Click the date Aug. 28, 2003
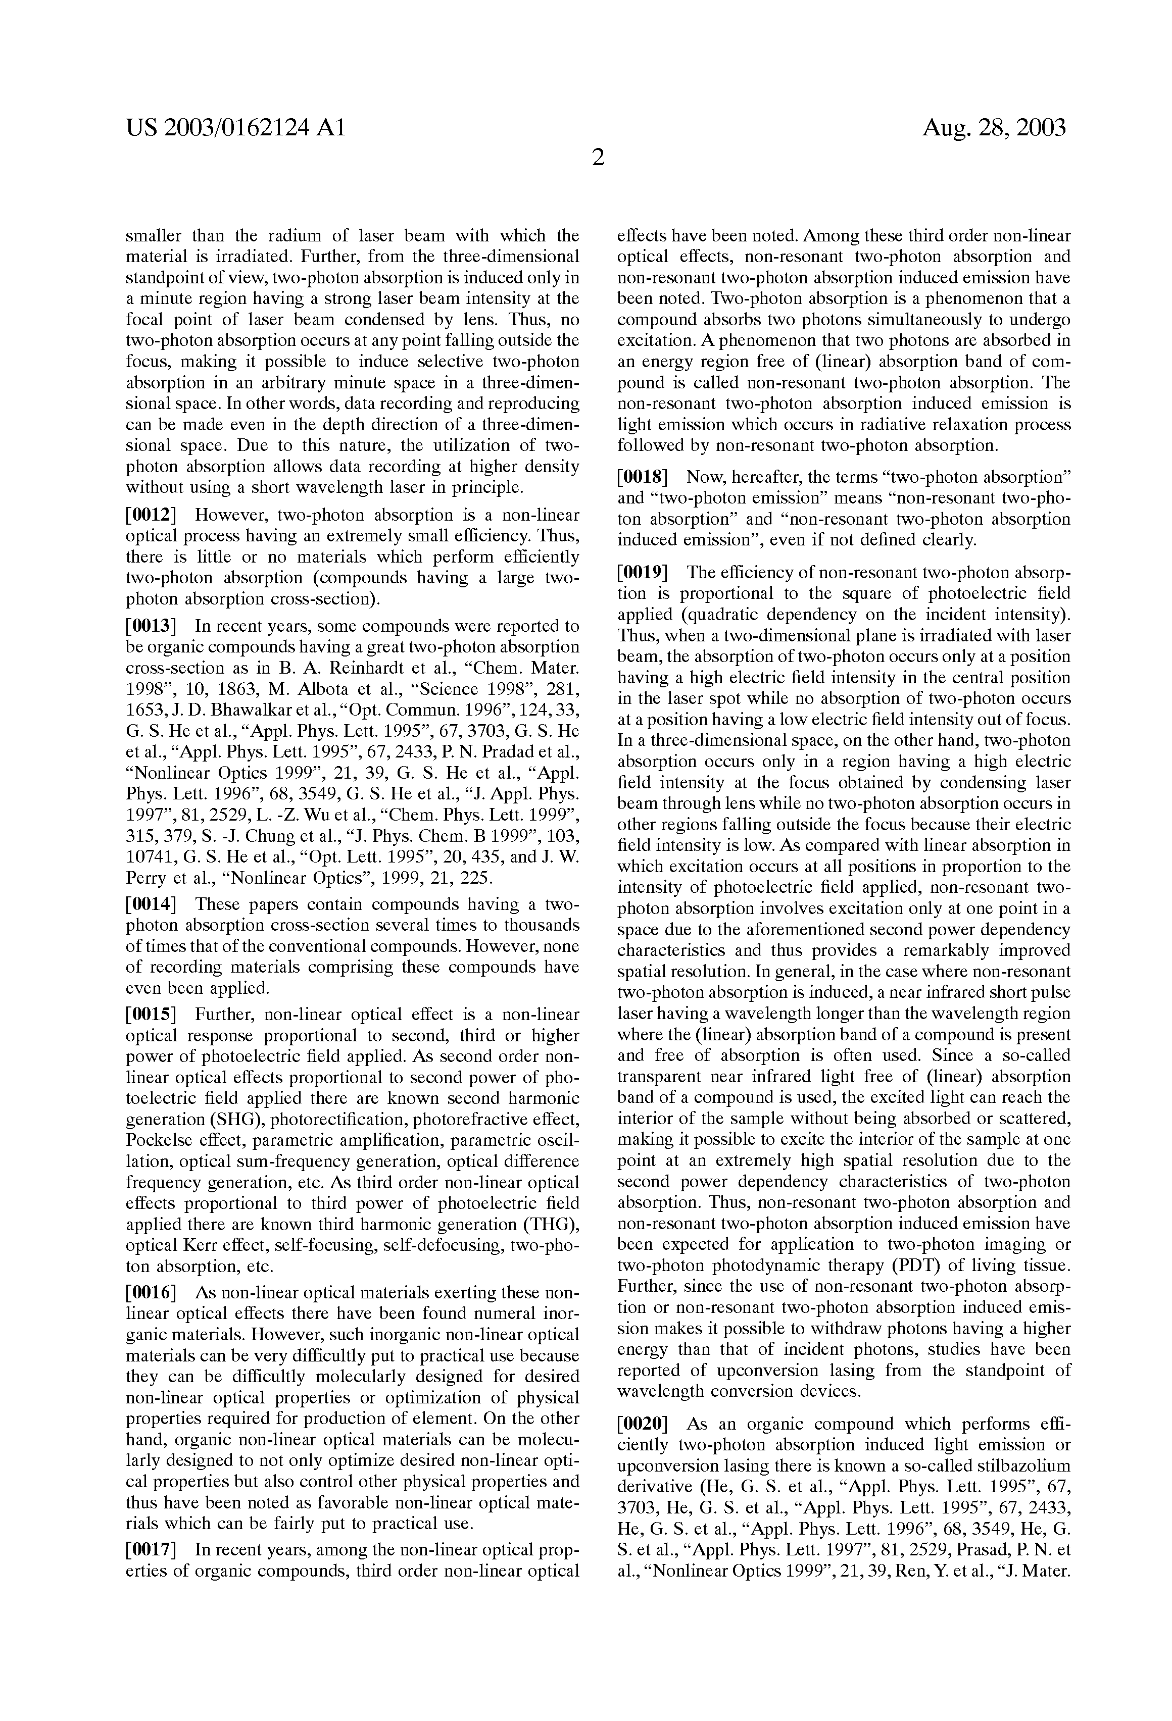[x=994, y=128]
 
